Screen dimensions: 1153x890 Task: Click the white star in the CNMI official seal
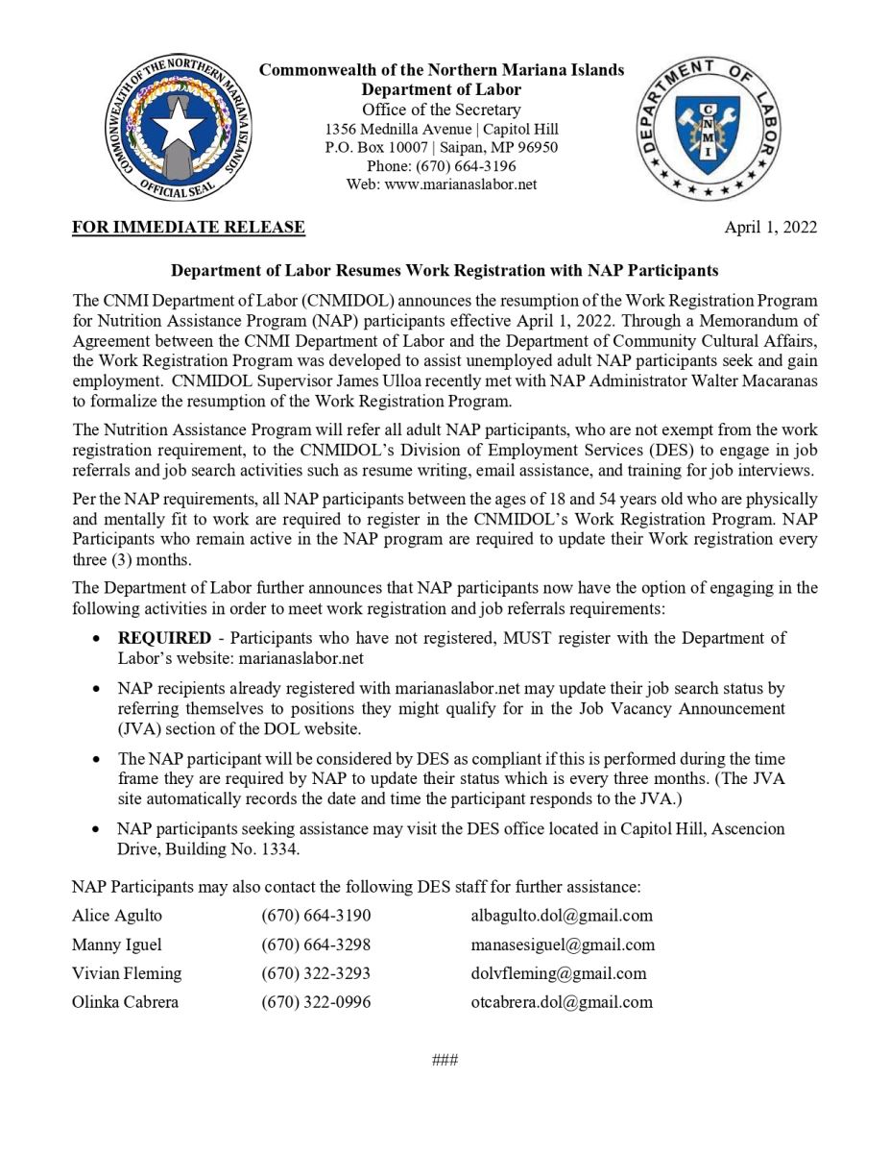(x=179, y=126)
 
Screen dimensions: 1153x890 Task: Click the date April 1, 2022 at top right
(x=770, y=228)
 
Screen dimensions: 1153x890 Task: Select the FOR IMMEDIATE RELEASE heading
(x=188, y=228)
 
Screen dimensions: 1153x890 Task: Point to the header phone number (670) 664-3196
(x=442, y=166)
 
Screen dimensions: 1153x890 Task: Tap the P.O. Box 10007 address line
(x=442, y=148)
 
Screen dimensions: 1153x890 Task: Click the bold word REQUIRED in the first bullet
(x=164, y=638)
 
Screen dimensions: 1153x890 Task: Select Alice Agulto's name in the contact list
(x=117, y=916)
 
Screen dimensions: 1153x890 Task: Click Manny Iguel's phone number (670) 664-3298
(x=316, y=944)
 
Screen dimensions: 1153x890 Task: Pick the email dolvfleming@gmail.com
(x=558, y=973)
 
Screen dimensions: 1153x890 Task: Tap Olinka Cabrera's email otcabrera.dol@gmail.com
(x=561, y=1002)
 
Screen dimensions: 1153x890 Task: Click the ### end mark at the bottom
(x=445, y=1061)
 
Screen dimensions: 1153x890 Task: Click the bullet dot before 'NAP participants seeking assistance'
(x=97, y=829)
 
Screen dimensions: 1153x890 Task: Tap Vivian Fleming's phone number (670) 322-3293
(x=316, y=973)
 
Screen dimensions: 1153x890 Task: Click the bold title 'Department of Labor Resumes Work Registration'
(x=445, y=271)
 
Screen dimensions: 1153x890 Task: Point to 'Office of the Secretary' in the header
(x=442, y=110)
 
